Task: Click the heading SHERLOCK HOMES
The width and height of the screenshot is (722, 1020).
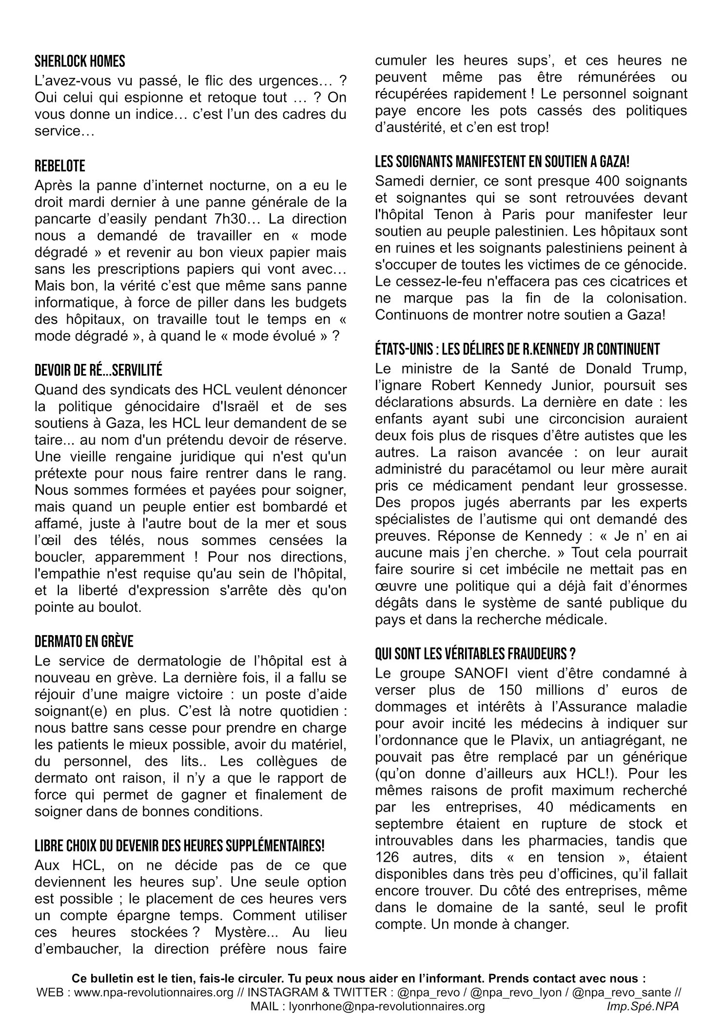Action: pos(80,61)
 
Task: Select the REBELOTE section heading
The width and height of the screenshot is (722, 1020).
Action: pos(60,166)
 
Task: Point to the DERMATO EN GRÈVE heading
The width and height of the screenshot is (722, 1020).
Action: pos(84,642)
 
